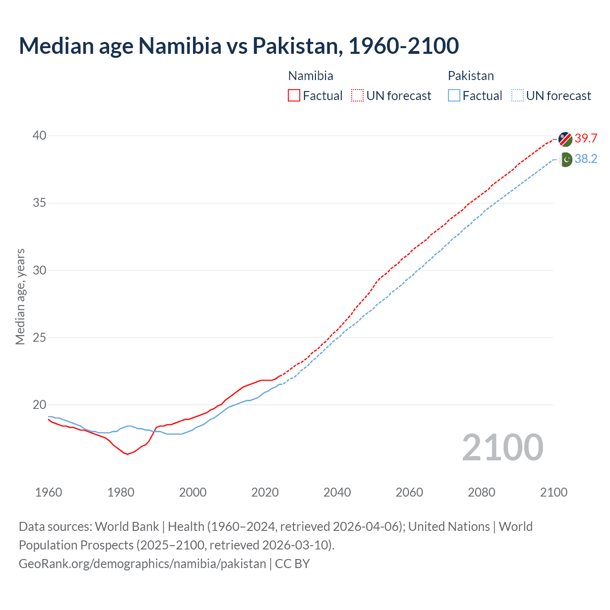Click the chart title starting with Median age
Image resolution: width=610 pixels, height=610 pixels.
pos(239,46)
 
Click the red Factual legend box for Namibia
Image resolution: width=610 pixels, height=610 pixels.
pos(294,96)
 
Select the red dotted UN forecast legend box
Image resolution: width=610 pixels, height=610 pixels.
pos(357,96)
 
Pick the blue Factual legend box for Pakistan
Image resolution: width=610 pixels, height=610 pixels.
pos(454,96)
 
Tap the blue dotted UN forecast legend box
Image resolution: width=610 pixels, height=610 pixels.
pos(517,96)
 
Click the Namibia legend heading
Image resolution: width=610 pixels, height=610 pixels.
pos(311,76)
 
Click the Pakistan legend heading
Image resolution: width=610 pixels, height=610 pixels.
pos(471,76)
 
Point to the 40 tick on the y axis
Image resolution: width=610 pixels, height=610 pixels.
pos(40,136)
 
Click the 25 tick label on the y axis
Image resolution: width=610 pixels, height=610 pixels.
pos(40,338)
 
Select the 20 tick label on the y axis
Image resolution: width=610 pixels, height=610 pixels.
pos(40,405)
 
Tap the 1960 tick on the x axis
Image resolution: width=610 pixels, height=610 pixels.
pos(49,492)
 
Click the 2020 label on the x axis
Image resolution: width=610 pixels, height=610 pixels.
pos(265,492)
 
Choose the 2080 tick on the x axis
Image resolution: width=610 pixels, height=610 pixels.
pos(481,492)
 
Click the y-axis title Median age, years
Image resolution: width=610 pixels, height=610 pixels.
pos(20,296)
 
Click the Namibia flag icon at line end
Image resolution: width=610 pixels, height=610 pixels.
pos(565,139)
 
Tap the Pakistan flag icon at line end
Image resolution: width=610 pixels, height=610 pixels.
pos(566,160)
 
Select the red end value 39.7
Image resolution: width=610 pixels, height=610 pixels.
pos(586,139)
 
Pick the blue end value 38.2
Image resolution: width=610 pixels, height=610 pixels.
pos(586,159)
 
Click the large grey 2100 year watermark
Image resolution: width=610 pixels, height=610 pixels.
pos(503,447)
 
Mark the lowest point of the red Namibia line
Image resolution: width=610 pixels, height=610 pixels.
pos(127,454)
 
